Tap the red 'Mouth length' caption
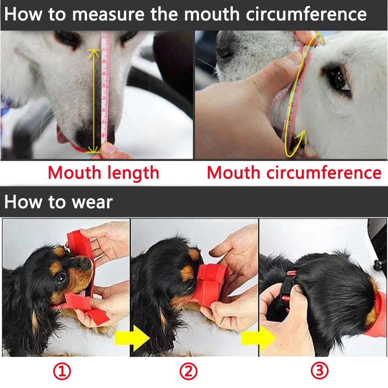(103, 172)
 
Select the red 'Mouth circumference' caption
(294, 172)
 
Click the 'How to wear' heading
(59, 202)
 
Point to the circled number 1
(62, 372)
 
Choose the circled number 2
(188, 372)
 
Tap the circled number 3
(319, 372)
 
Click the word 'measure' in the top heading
(109, 14)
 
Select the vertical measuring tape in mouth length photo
(105, 89)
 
